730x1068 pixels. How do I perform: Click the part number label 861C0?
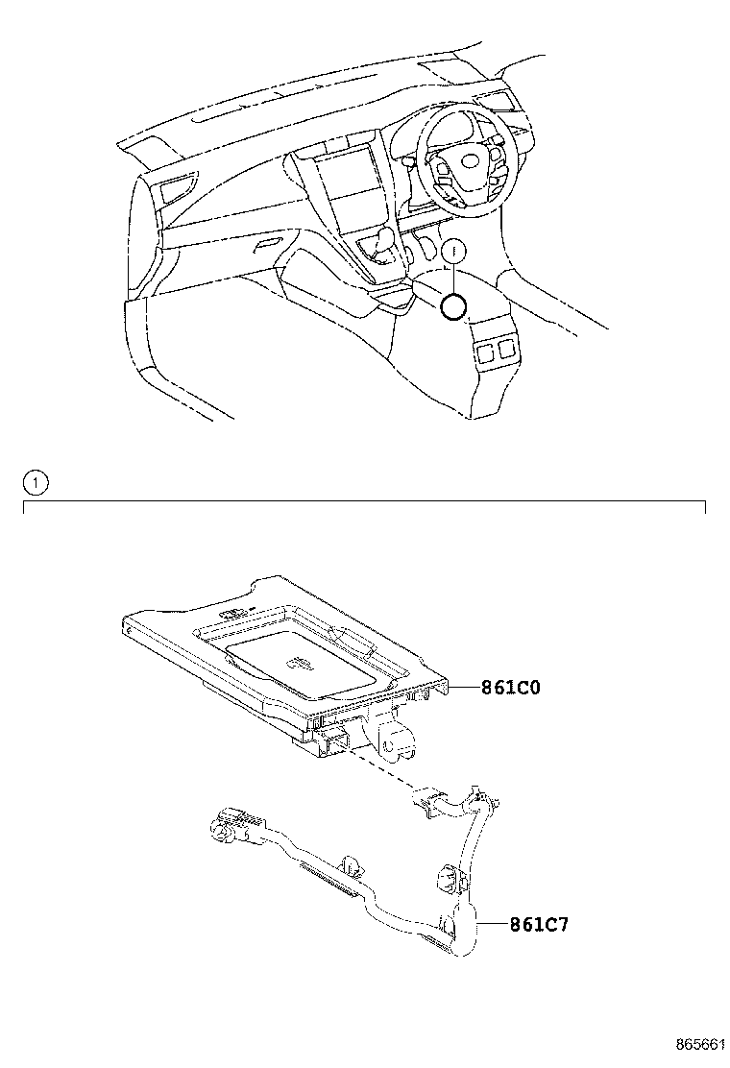click(x=512, y=688)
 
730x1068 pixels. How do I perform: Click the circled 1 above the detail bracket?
click(x=35, y=483)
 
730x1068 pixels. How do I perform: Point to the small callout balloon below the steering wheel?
click(x=454, y=251)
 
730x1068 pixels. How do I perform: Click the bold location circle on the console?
click(x=453, y=306)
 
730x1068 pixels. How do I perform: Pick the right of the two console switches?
click(x=507, y=347)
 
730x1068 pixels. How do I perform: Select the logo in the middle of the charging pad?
click(x=296, y=662)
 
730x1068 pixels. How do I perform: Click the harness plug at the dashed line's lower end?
click(x=428, y=799)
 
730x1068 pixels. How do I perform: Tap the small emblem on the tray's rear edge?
click(x=233, y=614)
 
